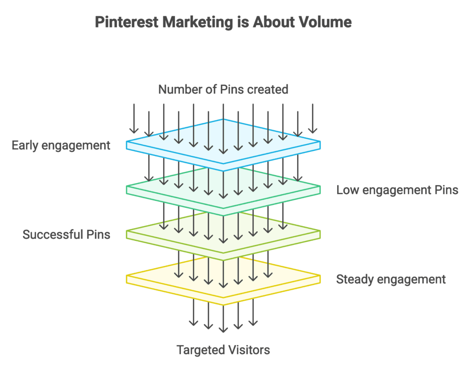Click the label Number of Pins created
223,89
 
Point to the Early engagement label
61,146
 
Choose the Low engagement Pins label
397,190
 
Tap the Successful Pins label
66,235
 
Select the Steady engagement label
391,279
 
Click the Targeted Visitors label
223,350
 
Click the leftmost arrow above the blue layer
134,118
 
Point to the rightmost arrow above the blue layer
313,118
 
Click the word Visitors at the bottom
247,350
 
